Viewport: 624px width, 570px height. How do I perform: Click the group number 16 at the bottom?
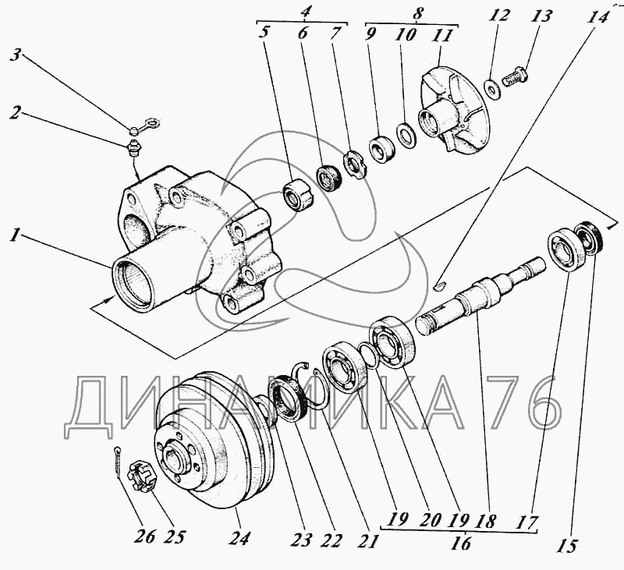(462, 543)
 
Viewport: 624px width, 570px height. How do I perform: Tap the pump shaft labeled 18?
(476, 299)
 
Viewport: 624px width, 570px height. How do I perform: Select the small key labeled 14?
(440, 285)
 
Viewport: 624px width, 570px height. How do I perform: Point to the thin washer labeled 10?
(405, 136)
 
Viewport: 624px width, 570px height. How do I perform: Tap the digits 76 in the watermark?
(523, 403)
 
